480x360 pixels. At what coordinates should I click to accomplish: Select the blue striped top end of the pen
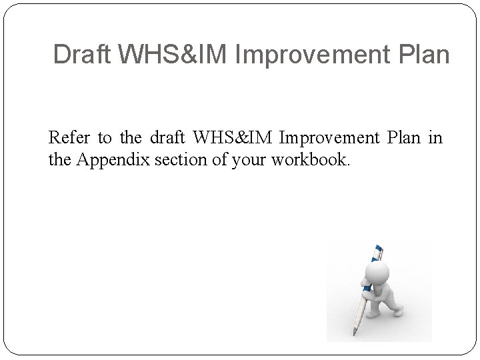point(378,251)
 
